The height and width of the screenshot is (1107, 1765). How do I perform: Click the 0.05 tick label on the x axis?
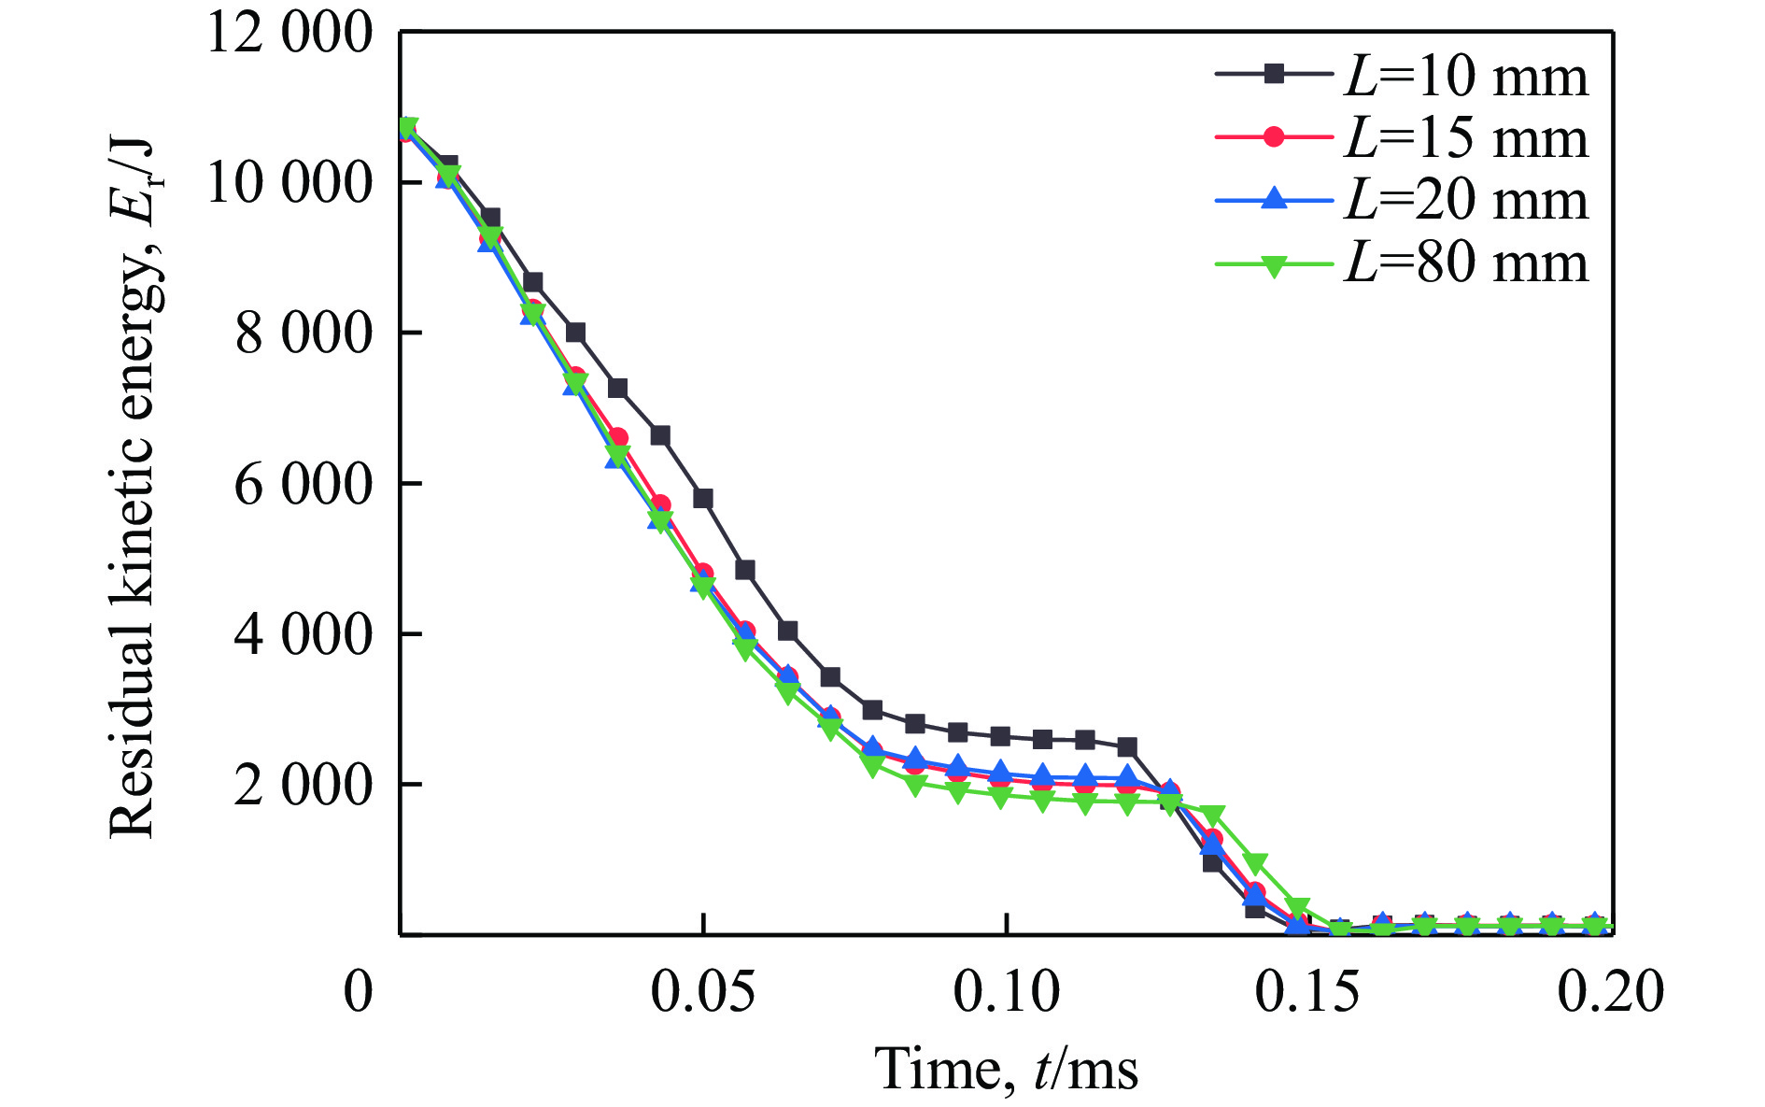(702, 992)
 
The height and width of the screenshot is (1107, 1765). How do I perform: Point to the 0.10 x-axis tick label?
(1006, 992)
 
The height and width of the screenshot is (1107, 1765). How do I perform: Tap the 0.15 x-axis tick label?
(1307, 992)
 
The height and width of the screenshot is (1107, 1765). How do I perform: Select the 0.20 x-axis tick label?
(1610, 992)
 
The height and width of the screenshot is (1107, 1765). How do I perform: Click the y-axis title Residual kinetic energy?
(131, 486)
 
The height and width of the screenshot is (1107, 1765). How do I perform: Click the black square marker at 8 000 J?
(575, 333)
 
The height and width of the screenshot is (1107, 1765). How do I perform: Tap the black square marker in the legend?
(1274, 74)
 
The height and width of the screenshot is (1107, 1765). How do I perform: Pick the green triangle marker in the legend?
(1274, 264)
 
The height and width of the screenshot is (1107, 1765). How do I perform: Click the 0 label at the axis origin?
(358, 992)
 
